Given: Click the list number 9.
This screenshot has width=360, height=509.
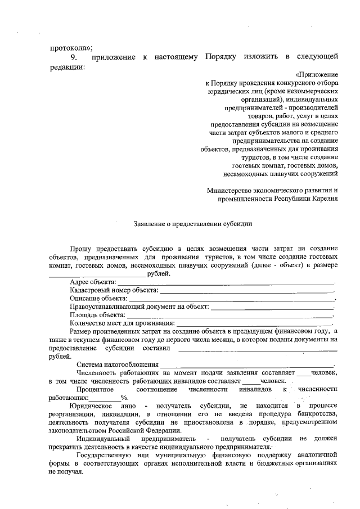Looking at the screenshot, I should [x=73, y=57].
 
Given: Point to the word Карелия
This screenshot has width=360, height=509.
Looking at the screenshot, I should [x=323, y=199].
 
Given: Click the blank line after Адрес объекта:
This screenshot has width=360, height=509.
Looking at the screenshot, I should [x=226, y=282].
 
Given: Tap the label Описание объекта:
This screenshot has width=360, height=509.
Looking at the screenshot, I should [x=98, y=298].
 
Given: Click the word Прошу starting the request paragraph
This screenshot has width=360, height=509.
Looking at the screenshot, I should [x=82, y=249].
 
